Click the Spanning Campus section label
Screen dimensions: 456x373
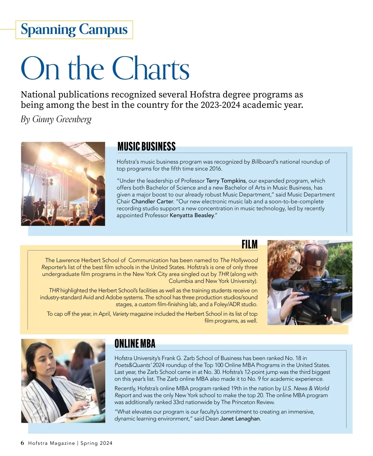pyautogui.click(x=74, y=30)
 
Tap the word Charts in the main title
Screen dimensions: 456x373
pyautogui.click(x=150, y=69)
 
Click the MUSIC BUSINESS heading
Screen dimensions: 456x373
pyautogui.click(x=146, y=146)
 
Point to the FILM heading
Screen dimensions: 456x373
pyautogui.click(x=250, y=244)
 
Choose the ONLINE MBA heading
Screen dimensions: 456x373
pyautogui.click(x=135, y=343)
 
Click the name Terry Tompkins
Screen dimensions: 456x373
pyautogui.click(x=226, y=181)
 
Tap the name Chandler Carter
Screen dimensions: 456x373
pyautogui.click(x=152, y=201)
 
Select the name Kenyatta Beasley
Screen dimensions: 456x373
pyautogui.click(x=192, y=215)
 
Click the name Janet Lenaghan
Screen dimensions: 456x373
pyautogui.click(x=240, y=419)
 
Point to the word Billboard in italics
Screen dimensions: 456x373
pyautogui.click(x=263, y=162)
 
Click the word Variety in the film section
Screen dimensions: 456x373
pyautogui.click(x=121, y=314)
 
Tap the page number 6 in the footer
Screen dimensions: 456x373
pyautogui.click(x=22, y=443)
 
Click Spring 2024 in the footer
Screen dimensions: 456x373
pyautogui.click(x=96, y=443)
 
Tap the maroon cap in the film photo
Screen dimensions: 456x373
pyautogui.click(x=315, y=253)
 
